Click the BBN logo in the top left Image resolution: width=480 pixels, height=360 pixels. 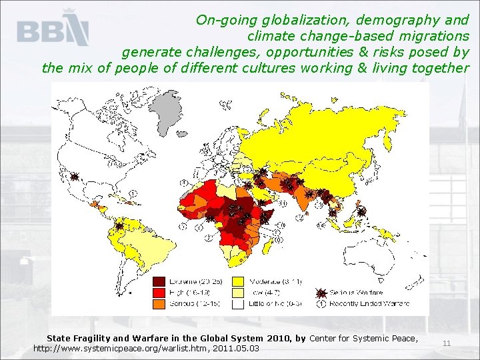(x=53, y=31)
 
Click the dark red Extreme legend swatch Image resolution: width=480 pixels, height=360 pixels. (x=160, y=281)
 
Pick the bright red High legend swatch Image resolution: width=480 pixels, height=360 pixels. (x=160, y=292)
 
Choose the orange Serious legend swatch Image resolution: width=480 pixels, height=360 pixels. (x=160, y=303)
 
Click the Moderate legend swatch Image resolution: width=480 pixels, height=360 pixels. (x=237, y=281)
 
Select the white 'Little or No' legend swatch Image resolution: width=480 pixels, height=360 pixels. (x=237, y=303)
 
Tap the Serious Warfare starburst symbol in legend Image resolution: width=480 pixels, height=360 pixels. (x=321, y=293)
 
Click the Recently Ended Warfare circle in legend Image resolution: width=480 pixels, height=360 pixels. (x=321, y=303)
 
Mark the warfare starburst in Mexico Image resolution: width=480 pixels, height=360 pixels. (x=76, y=177)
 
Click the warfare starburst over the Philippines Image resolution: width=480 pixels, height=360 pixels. (x=361, y=212)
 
